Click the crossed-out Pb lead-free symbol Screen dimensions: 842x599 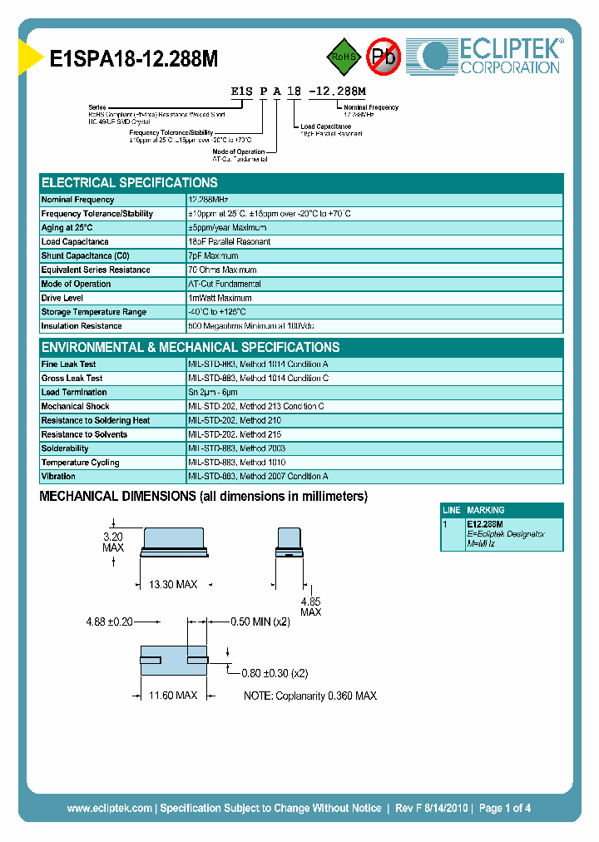click(x=384, y=57)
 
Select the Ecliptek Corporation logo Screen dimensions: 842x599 click(x=491, y=56)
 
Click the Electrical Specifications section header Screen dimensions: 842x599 click(x=130, y=183)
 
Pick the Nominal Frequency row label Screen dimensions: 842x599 click(x=78, y=200)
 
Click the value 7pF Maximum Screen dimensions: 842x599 click(x=213, y=256)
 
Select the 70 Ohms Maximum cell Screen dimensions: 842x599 click(x=222, y=270)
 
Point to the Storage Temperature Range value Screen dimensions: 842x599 click(x=217, y=312)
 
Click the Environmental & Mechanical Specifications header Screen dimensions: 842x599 click(x=191, y=348)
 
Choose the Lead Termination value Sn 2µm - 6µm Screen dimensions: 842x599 click(x=213, y=392)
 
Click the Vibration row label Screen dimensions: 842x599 click(x=58, y=477)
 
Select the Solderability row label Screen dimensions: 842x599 click(x=65, y=448)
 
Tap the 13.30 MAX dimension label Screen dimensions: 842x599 click(x=173, y=585)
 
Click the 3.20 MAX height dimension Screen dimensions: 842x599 click(x=113, y=542)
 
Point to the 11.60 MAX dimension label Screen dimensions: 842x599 click(x=173, y=695)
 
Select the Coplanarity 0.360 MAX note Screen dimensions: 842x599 click(x=309, y=696)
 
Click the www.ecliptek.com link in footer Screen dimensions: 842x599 click(x=109, y=808)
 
